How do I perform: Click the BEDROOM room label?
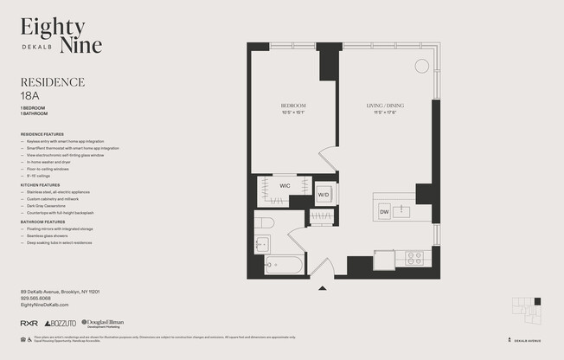pyautogui.click(x=292, y=106)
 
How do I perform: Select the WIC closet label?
pyautogui.click(x=285, y=185)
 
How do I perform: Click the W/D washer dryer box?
pyautogui.click(x=324, y=195)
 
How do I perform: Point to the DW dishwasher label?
pyautogui.click(x=384, y=211)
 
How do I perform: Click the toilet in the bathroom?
pyautogui.click(x=265, y=223)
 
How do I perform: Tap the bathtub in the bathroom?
pyautogui.click(x=283, y=265)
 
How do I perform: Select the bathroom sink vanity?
pyautogui.click(x=262, y=245)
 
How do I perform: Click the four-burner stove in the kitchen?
pyautogui.click(x=414, y=257)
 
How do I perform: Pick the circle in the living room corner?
pyautogui.click(x=421, y=66)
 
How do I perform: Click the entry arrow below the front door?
pyautogui.click(x=322, y=288)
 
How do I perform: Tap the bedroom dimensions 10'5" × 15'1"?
pyautogui.click(x=292, y=112)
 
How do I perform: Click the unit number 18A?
pyautogui.click(x=31, y=95)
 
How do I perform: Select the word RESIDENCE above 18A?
pyautogui.click(x=52, y=82)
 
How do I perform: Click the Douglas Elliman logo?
pyautogui.click(x=102, y=323)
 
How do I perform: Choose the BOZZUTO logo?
pyautogui.click(x=61, y=323)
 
